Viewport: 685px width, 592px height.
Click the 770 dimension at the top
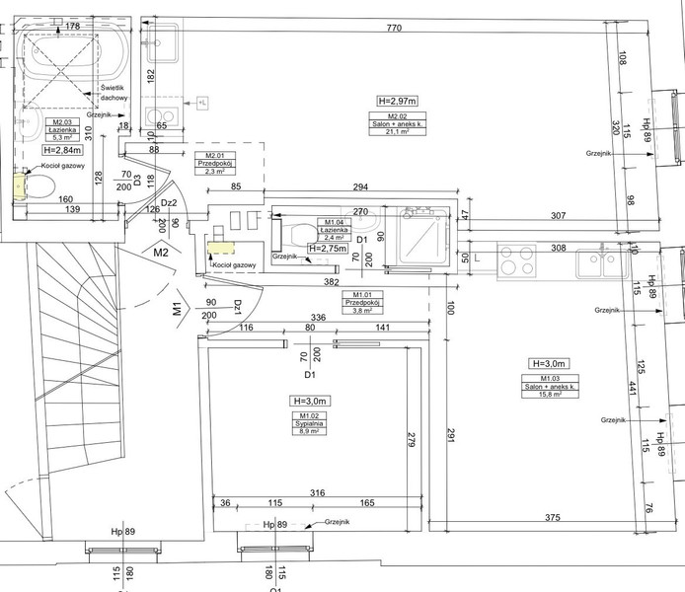pyautogui.click(x=395, y=29)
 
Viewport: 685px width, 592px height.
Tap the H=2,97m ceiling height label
pyautogui.click(x=397, y=101)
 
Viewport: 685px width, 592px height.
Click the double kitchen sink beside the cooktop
pyautogui.click(x=595, y=262)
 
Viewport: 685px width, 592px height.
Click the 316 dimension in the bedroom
pyautogui.click(x=318, y=492)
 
